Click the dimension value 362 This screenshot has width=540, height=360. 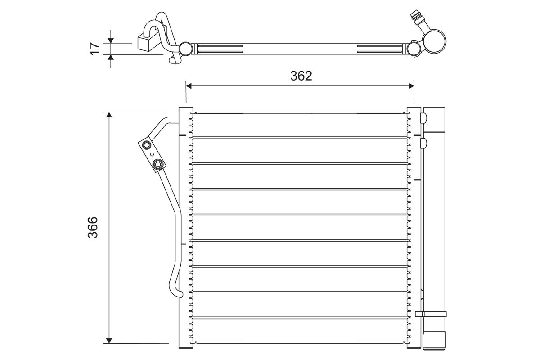tap(301, 76)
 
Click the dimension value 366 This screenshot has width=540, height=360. tap(93, 227)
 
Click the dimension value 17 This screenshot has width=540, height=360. tap(95, 49)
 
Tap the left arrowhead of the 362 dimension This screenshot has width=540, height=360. tap(189, 86)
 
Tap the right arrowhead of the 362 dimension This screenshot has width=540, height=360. tap(411, 86)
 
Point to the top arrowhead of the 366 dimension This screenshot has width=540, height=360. tap(109, 115)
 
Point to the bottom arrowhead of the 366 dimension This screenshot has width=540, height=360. tap(109, 341)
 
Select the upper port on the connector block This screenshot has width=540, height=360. tap(147, 145)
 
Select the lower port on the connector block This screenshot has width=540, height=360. tap(157, 164)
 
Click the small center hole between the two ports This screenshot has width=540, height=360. tap(152, 154)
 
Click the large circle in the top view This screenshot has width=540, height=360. tap(435, 41)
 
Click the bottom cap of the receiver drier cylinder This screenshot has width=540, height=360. tap(434, 341)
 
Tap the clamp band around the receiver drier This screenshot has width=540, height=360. tap(431, 314)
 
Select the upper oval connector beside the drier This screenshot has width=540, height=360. tap(423, 117)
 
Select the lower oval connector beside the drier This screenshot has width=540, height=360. tap(423, 143)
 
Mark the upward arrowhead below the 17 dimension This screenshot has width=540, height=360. tap(111, 57)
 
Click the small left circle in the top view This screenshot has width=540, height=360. tap(186, 49)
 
